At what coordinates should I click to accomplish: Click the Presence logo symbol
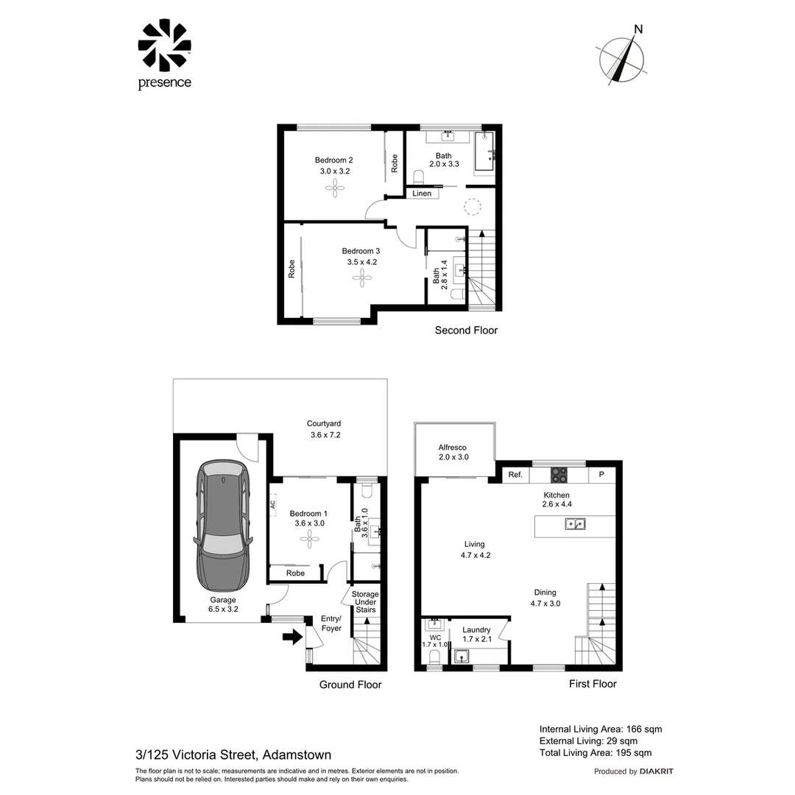coord(164,46)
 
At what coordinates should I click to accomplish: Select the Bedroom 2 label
coord(334,160)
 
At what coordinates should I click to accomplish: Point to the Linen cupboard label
coord(422,194)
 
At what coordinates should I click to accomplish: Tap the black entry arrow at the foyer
coord(293,637)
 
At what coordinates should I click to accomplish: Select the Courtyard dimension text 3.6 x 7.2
coord(325,435)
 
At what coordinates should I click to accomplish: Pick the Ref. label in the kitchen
coord(515,475)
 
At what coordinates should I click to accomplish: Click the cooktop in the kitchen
coord(559,474)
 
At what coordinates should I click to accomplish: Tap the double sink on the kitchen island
coord(575,524)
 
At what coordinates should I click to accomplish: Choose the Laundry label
coord(476,630)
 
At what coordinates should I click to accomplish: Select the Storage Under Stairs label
coord(365,602)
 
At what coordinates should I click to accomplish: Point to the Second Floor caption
coord(466,331)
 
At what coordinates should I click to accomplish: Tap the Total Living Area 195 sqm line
coord(596,752)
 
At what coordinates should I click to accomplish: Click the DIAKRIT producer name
coord(657,771)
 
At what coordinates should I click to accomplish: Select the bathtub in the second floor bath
coord(484,152)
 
